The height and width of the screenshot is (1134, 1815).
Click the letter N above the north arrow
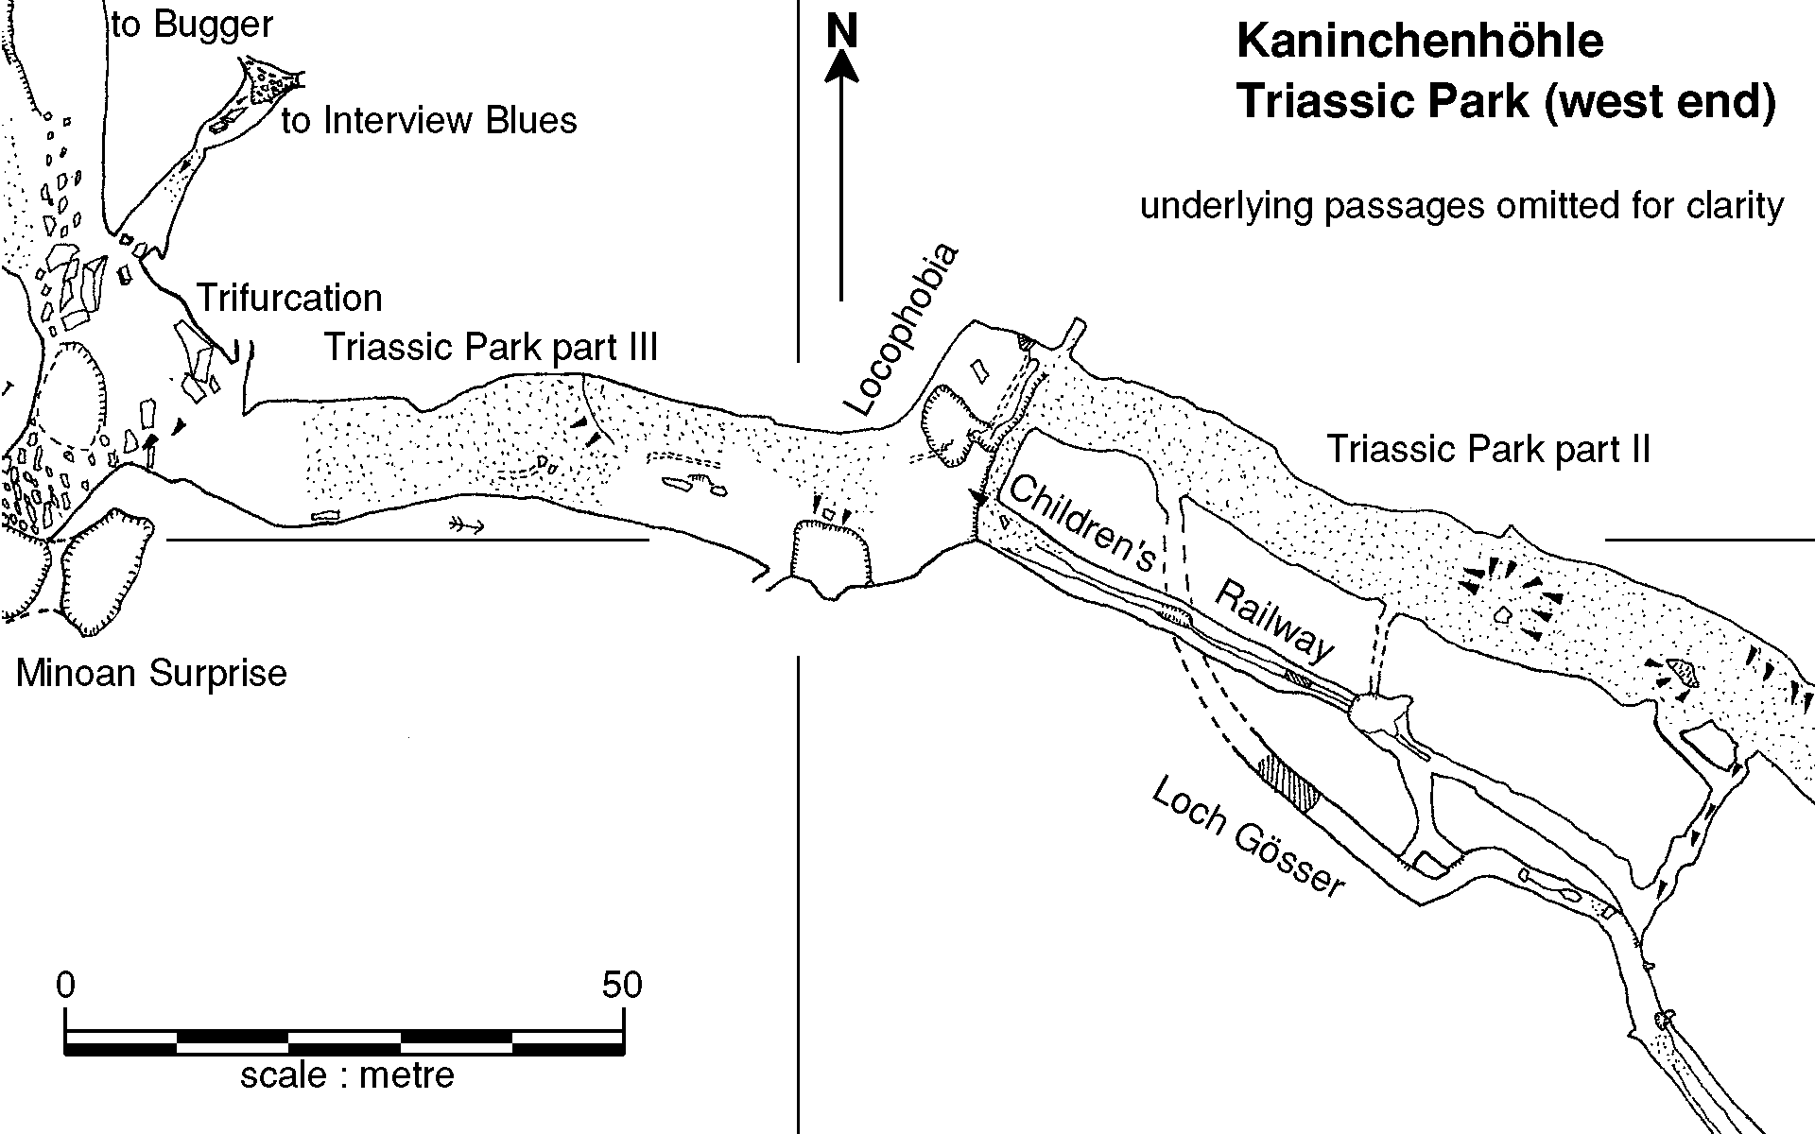point(841,31)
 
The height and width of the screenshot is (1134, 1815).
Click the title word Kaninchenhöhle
point(1420,42)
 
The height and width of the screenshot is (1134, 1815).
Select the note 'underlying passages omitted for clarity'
point(1461,205)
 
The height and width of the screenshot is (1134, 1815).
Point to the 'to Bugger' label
point(192,25)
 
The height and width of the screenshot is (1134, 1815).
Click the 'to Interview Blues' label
point(429,120)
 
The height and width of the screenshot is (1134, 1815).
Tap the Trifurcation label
point(289,298)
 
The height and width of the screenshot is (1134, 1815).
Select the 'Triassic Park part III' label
point(491,347)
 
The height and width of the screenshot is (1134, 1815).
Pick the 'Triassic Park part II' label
point(1488,448)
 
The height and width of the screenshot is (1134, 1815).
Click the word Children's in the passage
point(1083,523)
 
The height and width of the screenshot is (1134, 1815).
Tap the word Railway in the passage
point(1274,620)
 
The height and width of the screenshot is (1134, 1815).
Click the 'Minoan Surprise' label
point(151,673)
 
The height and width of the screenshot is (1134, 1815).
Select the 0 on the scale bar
point(65,986)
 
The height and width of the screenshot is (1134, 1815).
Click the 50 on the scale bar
point(622,986)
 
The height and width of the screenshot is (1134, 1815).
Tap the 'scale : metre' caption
point(347,1074)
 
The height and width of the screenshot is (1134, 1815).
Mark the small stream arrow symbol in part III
point(467,526)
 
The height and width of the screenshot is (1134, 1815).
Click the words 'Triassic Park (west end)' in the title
point(1507,101)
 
